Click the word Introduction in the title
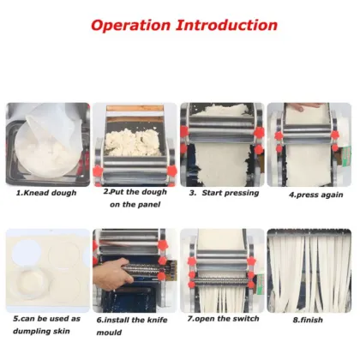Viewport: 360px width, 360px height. pos(230,24)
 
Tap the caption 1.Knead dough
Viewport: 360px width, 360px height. pos(46,193)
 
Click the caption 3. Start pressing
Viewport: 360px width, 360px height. pos(223,193)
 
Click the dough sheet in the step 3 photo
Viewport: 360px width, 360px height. pos(221,167)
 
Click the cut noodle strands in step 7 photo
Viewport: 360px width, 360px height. pos(221,296)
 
